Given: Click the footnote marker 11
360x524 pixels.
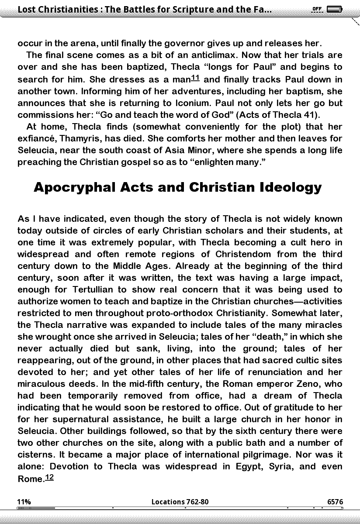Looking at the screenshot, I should point(195,78).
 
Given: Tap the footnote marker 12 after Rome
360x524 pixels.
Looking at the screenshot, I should point(49,477).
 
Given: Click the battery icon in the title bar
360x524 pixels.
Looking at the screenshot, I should point(334,9).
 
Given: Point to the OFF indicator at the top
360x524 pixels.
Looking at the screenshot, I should point(317,9).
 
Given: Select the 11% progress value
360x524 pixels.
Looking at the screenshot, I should point(24,502).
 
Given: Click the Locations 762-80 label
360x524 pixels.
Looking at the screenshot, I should point(180,502).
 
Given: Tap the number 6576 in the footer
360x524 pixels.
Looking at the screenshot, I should point(335,502).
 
